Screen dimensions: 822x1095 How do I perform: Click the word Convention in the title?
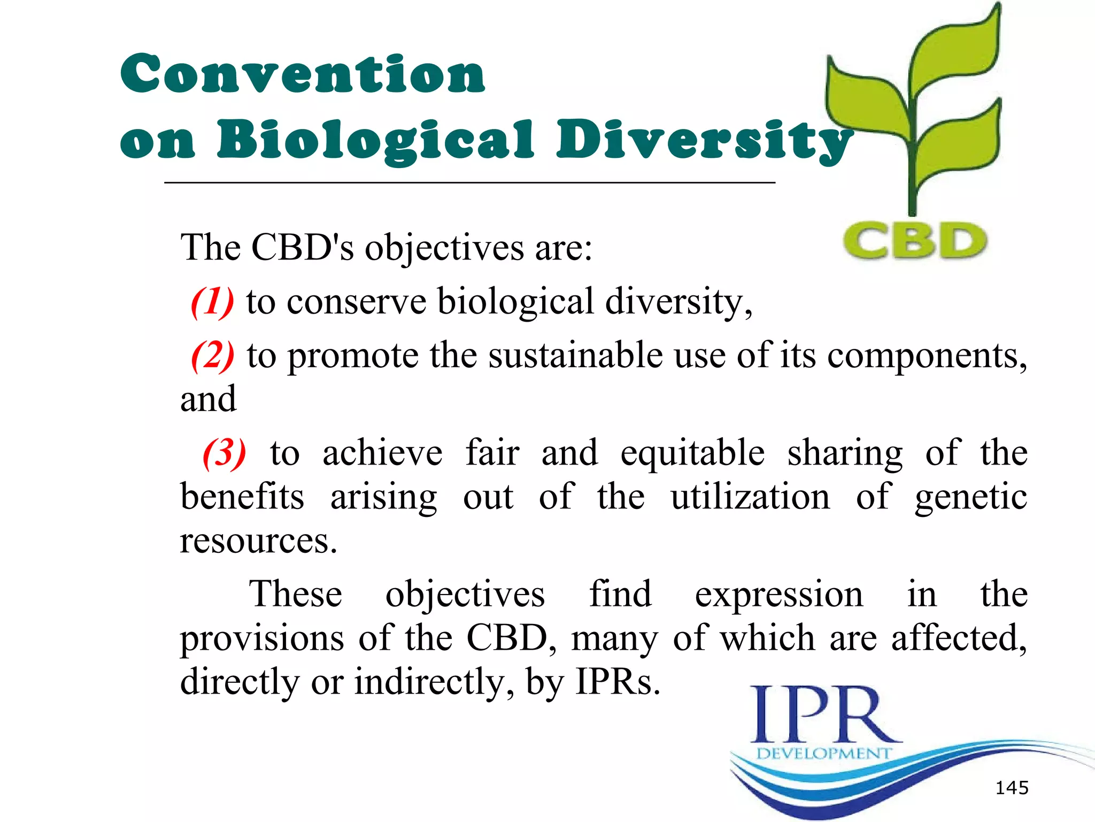pyautogui.click(x=303, y=74)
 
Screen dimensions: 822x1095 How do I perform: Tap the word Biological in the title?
pyautogui.click(x=375, y=140)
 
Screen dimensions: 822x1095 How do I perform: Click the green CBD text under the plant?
pyautogui.click(x=915, y=241)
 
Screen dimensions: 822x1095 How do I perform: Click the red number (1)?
pyautogui.click(x=212, y=302)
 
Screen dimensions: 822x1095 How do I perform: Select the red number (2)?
pyautogui.click(x=212, y=356)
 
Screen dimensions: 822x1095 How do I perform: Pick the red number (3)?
pyautogui.click(x=225, y=453)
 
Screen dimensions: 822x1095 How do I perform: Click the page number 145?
pyautogui.click(x=1012, y=788)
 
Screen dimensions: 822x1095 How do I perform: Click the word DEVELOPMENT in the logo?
pyautogui.click(x=823, y=753)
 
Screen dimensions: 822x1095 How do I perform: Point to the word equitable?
pyautogui.click(x=692, y=453)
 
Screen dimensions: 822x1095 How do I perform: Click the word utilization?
pyautogui.click(x=751, y=497)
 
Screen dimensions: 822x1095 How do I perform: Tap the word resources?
pyautogui.click(x=258, y=541)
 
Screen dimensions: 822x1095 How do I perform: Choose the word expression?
pyautogui.click(x=779, y=595)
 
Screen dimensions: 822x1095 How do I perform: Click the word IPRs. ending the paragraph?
pyautogui.click(x=618, y=682)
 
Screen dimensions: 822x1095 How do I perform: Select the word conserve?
pyautogui.click(x=356, y=302)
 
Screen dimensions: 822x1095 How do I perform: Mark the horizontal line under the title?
pyautogui.click(x=469, y=183)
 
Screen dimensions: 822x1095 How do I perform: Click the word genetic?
pyautogui.click(x=970, y=497)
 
